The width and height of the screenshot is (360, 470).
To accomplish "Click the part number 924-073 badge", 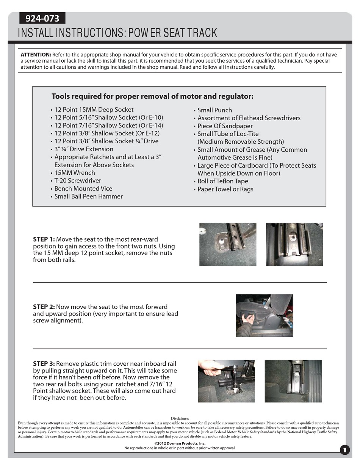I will [x=42, y=18].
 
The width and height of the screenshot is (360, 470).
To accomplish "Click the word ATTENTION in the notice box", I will [x=36, y=55].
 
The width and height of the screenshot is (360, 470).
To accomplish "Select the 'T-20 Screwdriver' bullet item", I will [x=77, y=181].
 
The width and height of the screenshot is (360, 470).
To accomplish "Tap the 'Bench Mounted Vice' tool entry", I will [x=83, y=189].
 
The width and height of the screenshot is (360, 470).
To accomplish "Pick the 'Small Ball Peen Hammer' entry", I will [x=88, y=196].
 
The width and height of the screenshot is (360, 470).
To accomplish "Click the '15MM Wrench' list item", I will [x=74, y=173].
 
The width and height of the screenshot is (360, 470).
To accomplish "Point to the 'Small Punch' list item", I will [x=214, y=110].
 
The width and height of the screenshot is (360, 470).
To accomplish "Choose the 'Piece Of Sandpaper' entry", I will [x=225, y=126].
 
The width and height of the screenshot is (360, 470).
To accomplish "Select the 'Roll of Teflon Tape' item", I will [x=222, y=181].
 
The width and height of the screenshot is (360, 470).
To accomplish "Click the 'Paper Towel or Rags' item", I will [x=225, y=189].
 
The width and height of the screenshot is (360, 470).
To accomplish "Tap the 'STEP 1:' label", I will [x=44, y=239].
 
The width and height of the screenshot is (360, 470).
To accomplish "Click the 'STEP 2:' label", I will [x=44, y=307].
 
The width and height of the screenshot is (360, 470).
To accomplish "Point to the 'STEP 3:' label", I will [x=44, y=364].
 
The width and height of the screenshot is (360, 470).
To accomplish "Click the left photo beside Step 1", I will [x=228, y=244].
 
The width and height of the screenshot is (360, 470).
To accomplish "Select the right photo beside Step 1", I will [x=294, y=244].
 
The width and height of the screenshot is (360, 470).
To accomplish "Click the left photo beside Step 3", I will [x=226, y=381].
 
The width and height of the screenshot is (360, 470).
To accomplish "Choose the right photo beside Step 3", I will [x=293, y=381].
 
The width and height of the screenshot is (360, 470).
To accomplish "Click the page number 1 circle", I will [x=344, y=450].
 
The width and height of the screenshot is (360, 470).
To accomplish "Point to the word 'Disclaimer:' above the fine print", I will [x=180, y=418].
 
